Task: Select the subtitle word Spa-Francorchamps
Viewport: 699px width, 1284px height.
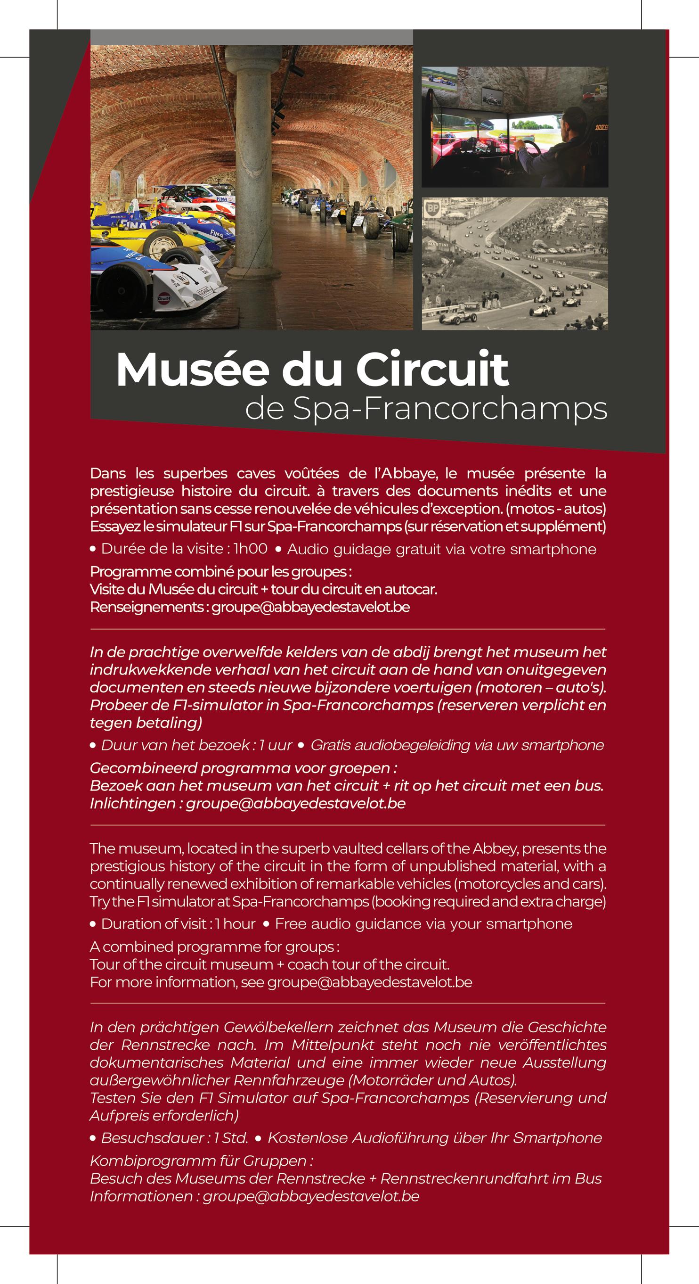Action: point(450,409)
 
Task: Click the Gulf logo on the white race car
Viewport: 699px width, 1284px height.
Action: point(164,298)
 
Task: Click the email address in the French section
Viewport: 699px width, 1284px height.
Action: point(310,607)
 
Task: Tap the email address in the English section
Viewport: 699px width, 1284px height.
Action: point(370,982)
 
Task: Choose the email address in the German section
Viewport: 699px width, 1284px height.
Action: point(311,1196)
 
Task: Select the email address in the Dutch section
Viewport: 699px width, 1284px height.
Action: point(295,804)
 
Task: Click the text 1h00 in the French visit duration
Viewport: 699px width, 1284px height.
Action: point(250,549)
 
